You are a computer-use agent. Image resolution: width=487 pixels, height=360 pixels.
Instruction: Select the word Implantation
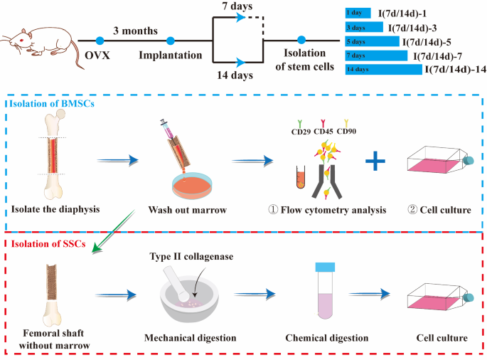click(x=170, y=55)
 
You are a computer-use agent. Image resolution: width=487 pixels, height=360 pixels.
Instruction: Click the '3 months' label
click(x=134, y=31)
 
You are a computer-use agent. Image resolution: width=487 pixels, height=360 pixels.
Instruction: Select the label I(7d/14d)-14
click(x=455, y=70)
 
